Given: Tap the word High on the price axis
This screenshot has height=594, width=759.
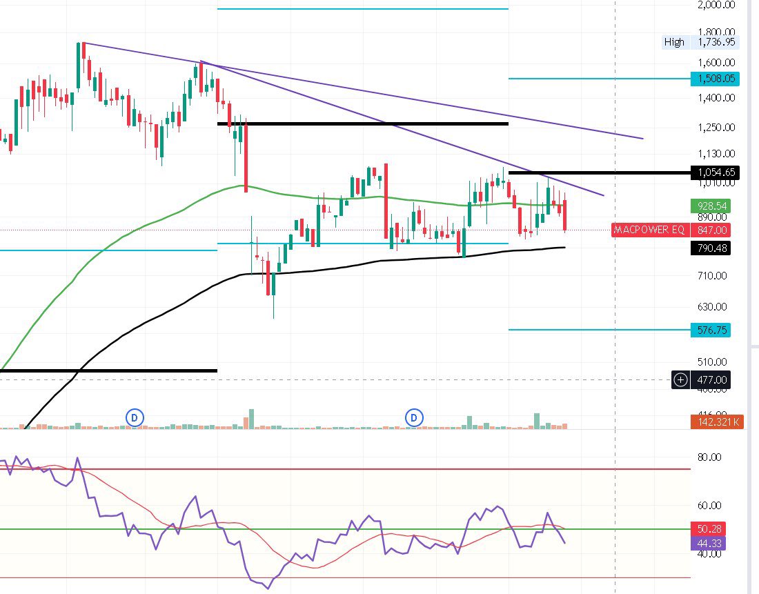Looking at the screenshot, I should [x=674, y=42].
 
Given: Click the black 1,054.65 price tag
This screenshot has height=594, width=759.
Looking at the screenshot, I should [x=716, y=172].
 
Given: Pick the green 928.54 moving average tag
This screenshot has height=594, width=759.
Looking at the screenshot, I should [x=711, y=206].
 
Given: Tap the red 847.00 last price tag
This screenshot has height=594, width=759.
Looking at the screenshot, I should [x=711, y=230].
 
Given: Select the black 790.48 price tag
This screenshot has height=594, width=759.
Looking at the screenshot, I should [x=711, y=248].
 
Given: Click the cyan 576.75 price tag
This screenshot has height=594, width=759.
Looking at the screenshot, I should [x=711, y=330].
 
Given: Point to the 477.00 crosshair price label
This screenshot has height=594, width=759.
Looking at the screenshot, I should [x=711, y=379].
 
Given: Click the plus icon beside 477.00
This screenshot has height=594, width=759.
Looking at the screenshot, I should [x=681, y=379].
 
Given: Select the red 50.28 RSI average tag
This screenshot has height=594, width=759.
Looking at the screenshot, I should [x=708, y=529].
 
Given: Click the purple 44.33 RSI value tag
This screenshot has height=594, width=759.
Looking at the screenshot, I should [x=708, y=543].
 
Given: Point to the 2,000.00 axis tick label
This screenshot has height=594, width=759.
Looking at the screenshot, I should [x=716, y=5].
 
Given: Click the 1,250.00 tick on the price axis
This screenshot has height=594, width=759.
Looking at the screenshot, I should [x=716, y=127].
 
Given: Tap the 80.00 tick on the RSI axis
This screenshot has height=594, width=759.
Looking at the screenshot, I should [x=711, y=457].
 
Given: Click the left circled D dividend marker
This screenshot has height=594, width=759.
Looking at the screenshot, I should [x=135, y=417].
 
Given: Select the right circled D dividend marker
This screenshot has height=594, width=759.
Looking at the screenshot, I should [x=415, y=417].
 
